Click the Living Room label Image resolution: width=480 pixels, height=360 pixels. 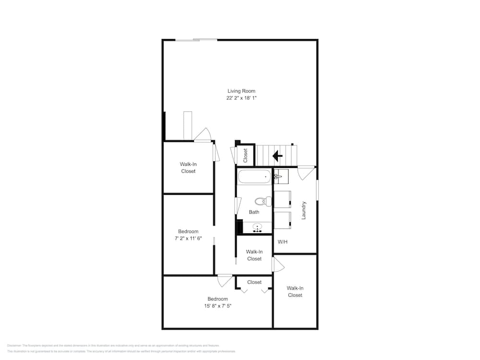(x=241, y=91)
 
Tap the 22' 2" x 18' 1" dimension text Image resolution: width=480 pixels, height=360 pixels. (x=241, y=98)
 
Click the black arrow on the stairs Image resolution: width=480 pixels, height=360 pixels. (x=277, y=156)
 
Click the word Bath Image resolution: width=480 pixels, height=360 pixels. (x=254, y=212)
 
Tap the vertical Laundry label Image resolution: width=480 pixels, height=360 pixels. (x=303, y=210)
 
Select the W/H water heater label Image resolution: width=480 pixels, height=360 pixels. (x=282, y=241)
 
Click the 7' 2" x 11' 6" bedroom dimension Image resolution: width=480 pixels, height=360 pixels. (x=188, y=238)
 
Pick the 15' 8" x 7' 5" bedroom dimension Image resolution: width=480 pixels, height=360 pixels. (x=217, y=306)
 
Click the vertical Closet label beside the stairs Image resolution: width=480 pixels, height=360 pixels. (x=245, y=155)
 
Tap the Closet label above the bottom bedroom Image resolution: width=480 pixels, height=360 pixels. (x=254, y=282)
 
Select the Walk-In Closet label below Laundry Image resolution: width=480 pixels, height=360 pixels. (x=295, y=291)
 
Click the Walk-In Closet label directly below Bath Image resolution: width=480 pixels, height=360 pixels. (x=254, y=255)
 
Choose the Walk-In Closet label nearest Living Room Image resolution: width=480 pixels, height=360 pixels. (x=188, y=168)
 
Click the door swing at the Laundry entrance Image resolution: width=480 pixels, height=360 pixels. (x=305, y=172)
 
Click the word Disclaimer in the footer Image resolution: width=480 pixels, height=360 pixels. (x=14, y=345)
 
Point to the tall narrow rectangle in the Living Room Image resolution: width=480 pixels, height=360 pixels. (x=188, y=125)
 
